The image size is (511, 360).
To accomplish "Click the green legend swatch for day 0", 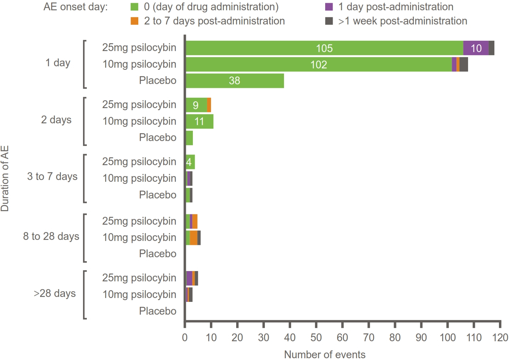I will [134, 7].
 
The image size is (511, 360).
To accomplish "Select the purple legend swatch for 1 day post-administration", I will [329, 7].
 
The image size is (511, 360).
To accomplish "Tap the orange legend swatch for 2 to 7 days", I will [134, 21].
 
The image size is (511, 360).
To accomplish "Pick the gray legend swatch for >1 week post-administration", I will [329, 21].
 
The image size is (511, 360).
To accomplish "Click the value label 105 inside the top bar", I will [324, 48].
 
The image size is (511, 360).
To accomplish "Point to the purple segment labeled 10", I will [476, 48].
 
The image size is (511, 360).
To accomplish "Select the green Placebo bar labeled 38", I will [234, 81].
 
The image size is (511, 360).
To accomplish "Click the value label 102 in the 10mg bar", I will [318, 64].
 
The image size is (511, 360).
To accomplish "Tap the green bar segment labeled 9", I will [196, 105].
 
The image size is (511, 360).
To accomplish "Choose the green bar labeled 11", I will [199, 122].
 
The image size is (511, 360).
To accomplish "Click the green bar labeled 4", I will [190, 162].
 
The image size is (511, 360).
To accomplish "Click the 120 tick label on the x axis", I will [500, 337].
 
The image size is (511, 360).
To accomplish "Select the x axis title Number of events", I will [324, 354].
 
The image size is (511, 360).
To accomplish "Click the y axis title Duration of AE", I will [5, 179].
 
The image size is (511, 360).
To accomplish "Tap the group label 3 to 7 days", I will [52, 176].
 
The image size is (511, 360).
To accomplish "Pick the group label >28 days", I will [55, 293].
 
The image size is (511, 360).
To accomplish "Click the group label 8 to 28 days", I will [51, 236].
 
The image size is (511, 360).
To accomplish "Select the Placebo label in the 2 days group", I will [157, 137].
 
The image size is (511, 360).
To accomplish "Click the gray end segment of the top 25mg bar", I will [491, 48].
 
